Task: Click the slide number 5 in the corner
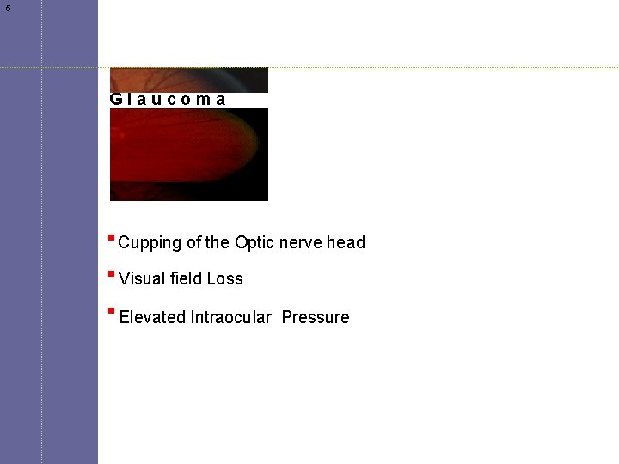[x=9, y=9]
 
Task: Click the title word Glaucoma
[x=169, y=99]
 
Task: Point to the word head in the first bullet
[x=346, y=242]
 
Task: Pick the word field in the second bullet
[x=185, y=278]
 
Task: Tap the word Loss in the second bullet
[x=225, y=278]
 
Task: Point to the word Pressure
[x=316, y=317]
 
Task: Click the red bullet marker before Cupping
[x=112, y=237]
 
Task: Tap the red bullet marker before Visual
[x=112, y=273]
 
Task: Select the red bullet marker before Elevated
[x=112, y=311]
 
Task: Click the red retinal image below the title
[x=189, y=155]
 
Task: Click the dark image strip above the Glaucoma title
[x=189, y=79]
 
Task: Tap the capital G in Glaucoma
[x=116, y=99]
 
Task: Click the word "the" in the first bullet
[x=218, y=243]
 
